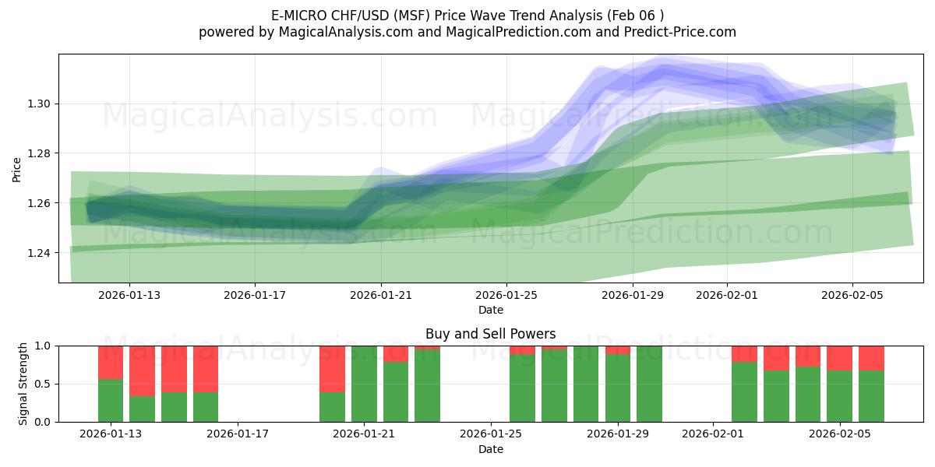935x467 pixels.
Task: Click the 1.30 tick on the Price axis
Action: click(x=41, y=104)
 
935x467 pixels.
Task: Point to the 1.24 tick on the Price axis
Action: click(x=41, y=253)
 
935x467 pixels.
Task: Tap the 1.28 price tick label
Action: click(x=41, y=153)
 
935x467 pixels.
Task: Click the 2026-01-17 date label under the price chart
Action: click(x=255, y=295)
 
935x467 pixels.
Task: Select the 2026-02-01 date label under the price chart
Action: click(x=727, y=295)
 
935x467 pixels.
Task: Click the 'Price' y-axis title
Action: click(x=17, y=169)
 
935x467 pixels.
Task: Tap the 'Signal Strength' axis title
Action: click(x=23, y=384)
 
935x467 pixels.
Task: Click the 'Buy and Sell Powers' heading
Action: click(x=490, y=334)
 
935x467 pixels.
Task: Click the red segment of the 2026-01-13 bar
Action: click(x=111, y=362)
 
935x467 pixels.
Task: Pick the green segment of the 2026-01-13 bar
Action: click(x=111, y=400)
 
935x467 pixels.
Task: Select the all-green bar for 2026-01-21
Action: click(x=364, y=384)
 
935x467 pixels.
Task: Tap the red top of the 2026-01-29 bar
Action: click(x=618, y=349)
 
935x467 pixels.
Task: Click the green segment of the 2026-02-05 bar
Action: click(x=839, y=396)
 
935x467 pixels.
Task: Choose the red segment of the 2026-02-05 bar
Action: click(x=839, y=358)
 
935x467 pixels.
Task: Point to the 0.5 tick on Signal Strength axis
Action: click(x=43, y=384)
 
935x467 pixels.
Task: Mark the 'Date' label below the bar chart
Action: click(x=490, y=449)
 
